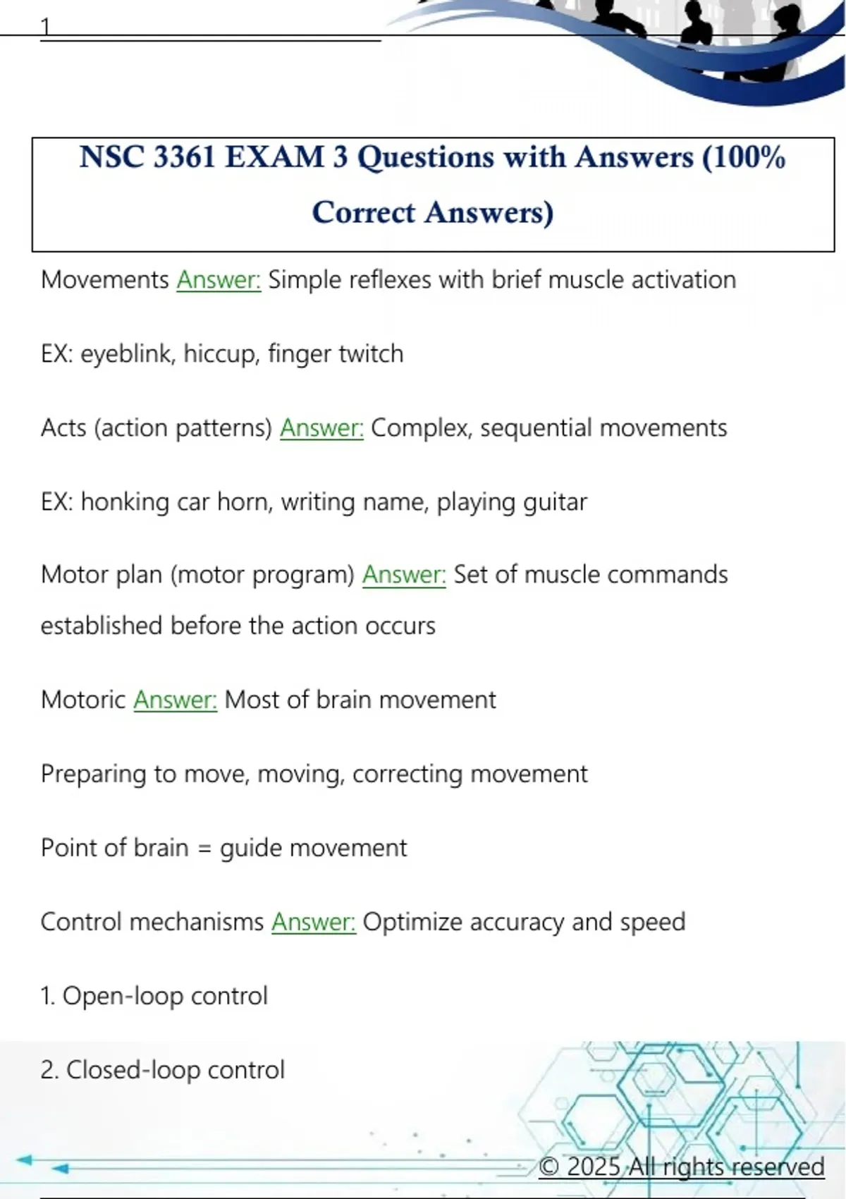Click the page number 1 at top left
click(x=46, y=27)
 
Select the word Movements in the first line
click(x=104, y=280)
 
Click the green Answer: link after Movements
click(x=219, y=280)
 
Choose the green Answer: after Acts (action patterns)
click(x=321, y=428)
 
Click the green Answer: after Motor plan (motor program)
click(x=404, y=575)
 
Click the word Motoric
click(x=83, y=700)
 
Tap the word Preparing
click(x=92, y=774)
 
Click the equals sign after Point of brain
click(x=204, y=848)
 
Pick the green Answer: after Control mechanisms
click(x=314, y=922)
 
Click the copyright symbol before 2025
click(x=548, y=1167)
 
